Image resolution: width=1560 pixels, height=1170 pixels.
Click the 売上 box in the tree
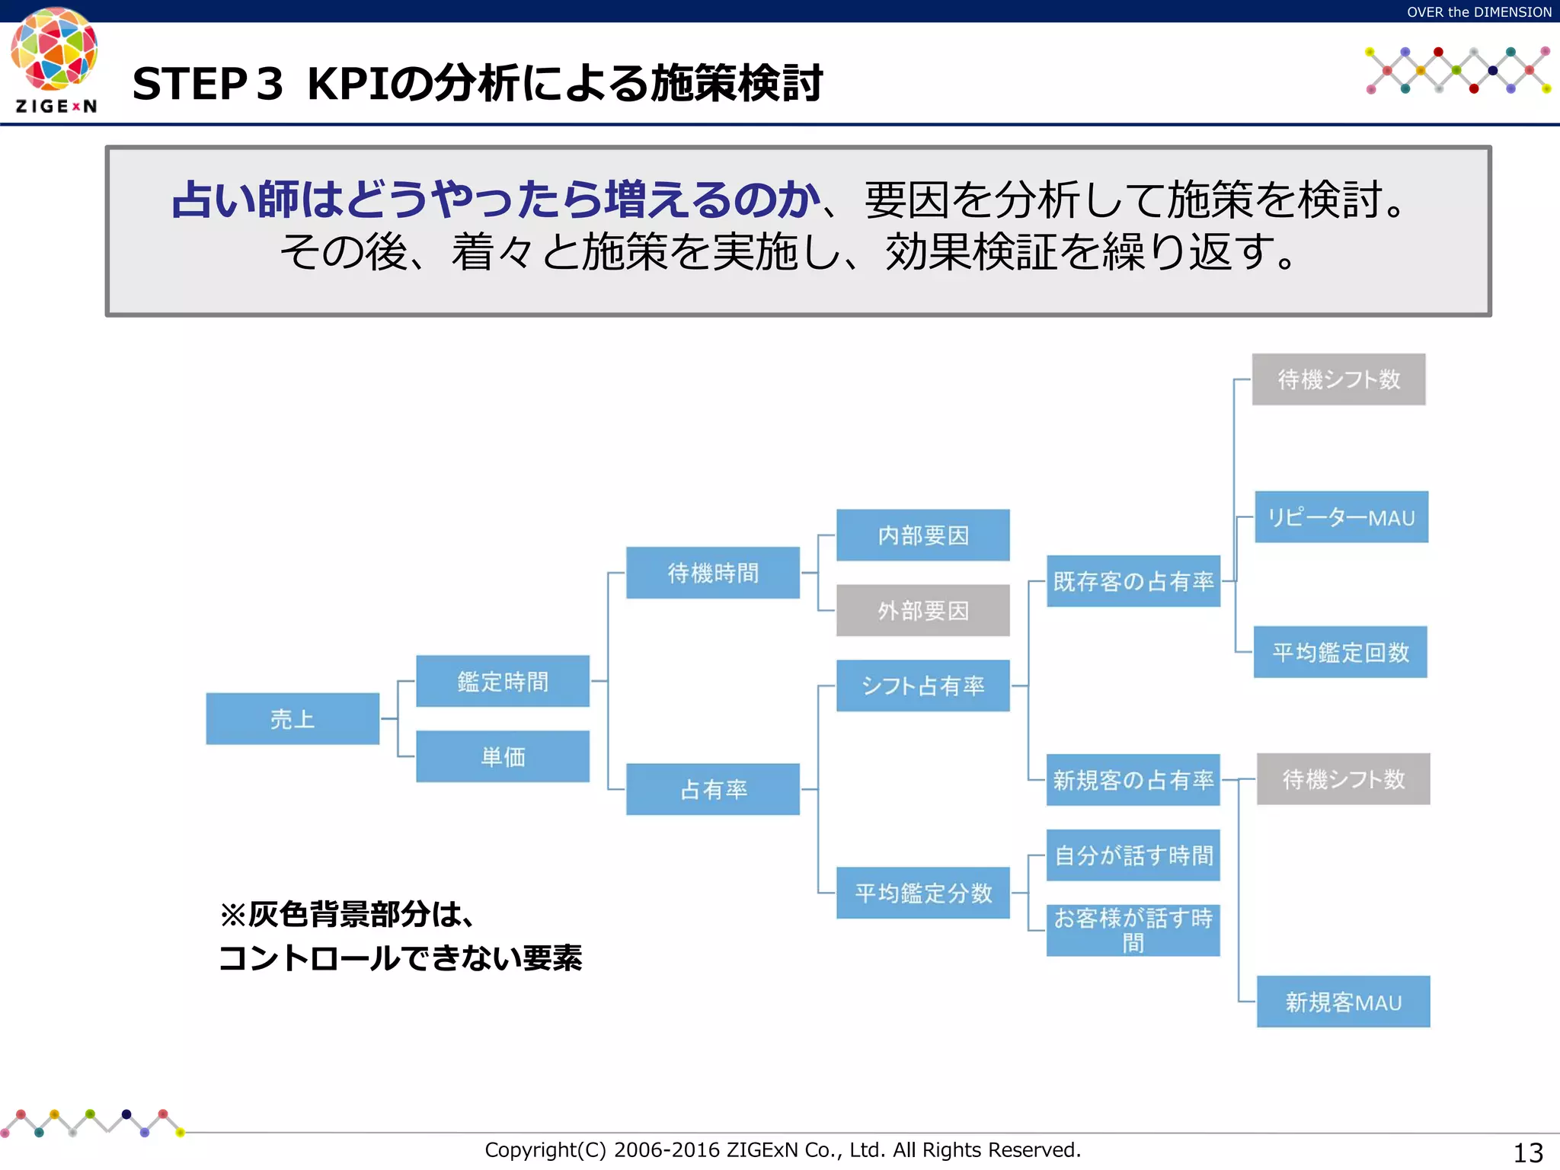(x=292, y=718)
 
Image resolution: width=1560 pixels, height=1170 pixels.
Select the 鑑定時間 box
(x=503, y=681)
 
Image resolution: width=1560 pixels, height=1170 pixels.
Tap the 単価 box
(x=503, y=756)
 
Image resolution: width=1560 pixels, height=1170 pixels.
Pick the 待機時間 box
(x=713, y=573)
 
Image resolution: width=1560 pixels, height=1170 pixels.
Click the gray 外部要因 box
(x=923, y=610)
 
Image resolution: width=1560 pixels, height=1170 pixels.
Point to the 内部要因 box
(x=923, y=535)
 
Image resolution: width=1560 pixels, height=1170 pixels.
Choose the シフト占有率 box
(x=923, y=686)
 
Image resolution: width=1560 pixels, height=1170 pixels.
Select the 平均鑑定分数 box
(x=923, y=893)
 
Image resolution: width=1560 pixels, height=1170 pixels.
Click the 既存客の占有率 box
(x=1133, y=581)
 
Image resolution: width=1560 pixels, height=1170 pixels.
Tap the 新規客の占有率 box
(x=1133, y=780)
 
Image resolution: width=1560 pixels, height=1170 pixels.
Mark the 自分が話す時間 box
(x=1133, y=855)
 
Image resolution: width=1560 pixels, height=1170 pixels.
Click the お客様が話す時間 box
(x=1133, y=930)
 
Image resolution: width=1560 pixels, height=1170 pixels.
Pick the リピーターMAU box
(x=1341, y=517)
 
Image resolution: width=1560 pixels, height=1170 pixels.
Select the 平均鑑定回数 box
(x=1341, y=652)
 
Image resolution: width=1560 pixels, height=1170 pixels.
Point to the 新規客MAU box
(x=1344, y=1002)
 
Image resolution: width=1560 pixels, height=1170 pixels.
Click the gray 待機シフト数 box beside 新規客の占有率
(x=1344, y=779)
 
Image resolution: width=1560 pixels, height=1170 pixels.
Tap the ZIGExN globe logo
(x=54, y=50)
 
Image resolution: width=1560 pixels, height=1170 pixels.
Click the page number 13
(x=1527, y=1152)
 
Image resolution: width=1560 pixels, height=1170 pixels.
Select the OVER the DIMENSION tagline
(x=1478, y=11)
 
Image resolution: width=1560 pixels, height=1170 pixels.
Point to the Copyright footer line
(x=782, y=1149)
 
